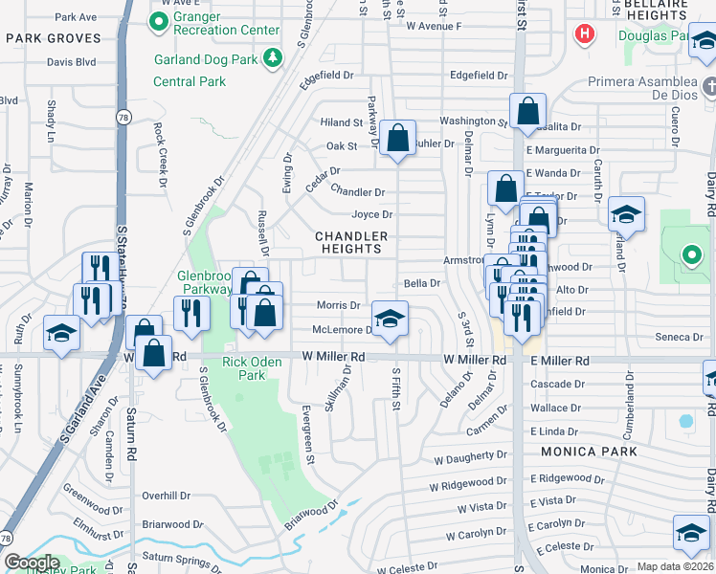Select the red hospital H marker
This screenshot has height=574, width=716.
tap(584, 36)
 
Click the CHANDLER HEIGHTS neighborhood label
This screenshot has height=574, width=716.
tap(352, 242)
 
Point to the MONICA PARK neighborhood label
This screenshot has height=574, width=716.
tap(582, 451)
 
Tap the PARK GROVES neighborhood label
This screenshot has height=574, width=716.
tap(53, 38)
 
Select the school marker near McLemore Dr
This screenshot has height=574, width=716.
tap(390, 320)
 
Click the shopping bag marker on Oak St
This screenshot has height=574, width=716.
tap(397, 138)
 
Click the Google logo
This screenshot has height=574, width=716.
tap(32, 563)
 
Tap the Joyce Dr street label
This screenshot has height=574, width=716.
tap(372, 215)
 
